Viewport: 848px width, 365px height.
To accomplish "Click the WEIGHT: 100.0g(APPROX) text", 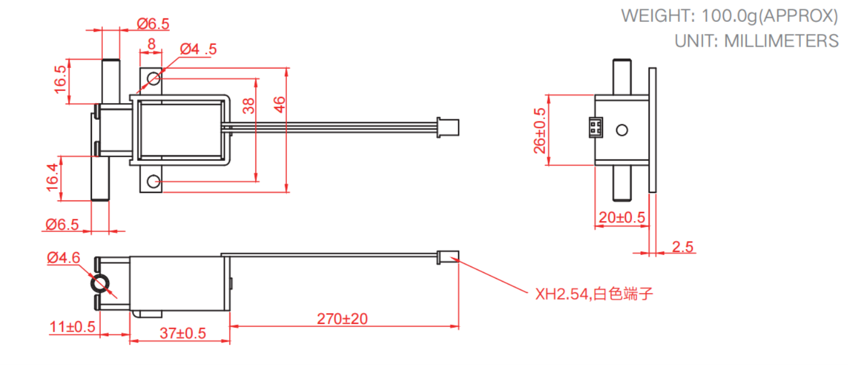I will coord(729,16).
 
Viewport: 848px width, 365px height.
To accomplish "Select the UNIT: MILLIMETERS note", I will coord(757,41).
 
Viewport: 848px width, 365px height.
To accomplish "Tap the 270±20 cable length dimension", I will coord(342,318).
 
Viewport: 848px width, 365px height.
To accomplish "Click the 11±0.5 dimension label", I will coord(72,327).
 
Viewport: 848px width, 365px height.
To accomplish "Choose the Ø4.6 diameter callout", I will coord(63,258).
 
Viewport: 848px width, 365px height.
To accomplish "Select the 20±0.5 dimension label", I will coord(622,218).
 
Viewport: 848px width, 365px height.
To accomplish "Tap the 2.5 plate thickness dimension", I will coord(682,247).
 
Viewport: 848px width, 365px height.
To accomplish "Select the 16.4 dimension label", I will coord(52,177).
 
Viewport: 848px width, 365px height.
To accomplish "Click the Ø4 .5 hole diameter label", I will coord(198,50).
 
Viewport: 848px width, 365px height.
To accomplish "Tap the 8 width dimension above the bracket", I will coord(151,44).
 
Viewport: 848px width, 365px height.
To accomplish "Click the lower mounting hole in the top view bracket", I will coord(153,181).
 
